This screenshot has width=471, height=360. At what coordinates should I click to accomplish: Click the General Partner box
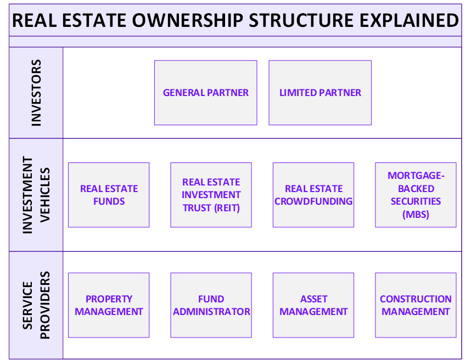206,93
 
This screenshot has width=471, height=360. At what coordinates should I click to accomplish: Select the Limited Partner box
320,93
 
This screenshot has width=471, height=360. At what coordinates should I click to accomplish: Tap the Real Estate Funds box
109,195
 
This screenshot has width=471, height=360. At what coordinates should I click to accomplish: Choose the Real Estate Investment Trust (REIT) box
211,195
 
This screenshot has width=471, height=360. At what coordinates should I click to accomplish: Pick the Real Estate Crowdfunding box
313,195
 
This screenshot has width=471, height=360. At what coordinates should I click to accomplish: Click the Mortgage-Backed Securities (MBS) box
416,195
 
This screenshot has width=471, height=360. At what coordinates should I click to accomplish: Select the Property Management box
109,305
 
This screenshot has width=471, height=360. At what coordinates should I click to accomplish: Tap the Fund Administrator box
211,305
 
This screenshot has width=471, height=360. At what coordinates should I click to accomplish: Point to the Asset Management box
313,305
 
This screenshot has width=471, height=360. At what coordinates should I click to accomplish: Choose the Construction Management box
416,305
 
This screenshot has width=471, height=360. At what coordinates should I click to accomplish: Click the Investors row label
36,93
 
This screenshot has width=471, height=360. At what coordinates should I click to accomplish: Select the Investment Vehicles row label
36,195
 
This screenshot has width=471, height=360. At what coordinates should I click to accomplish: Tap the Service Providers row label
36,305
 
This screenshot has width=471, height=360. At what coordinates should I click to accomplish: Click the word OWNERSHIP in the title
189,20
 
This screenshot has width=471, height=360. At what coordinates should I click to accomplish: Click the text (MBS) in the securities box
416,214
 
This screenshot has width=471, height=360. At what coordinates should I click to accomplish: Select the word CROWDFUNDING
313,201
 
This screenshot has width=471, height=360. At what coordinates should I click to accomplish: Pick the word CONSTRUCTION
416,299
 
